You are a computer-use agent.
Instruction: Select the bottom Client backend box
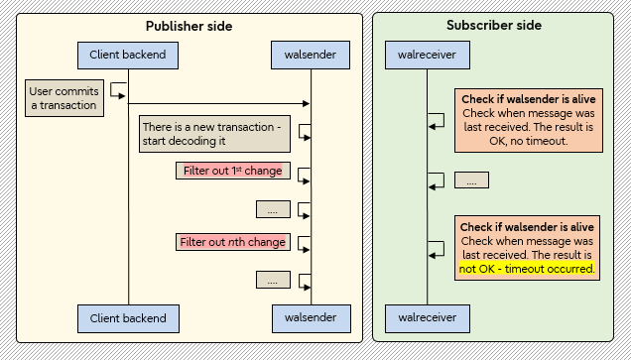click(x=127, y=318)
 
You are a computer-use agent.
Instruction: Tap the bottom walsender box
click(x=310, y=318)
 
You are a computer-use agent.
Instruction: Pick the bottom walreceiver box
click(x=427, y=318)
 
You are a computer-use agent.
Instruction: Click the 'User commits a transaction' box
click(x=63, y=97)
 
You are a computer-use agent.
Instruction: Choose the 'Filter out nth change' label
click(x=233, y=242)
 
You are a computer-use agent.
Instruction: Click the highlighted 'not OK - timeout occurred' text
click(x=526, y=269)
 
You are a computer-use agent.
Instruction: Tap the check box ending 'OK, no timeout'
click(x=527, y=120)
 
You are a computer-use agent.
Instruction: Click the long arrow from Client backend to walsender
click(x=218, y=103)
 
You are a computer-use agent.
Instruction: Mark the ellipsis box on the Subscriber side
click(x=471, y=180)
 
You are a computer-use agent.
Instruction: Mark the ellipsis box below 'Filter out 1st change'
click(x=272, y=209)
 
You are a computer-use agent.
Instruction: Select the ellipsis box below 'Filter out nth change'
click(x=272, y=281)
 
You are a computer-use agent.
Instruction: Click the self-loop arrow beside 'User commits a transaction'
click(x=118, y=91)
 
